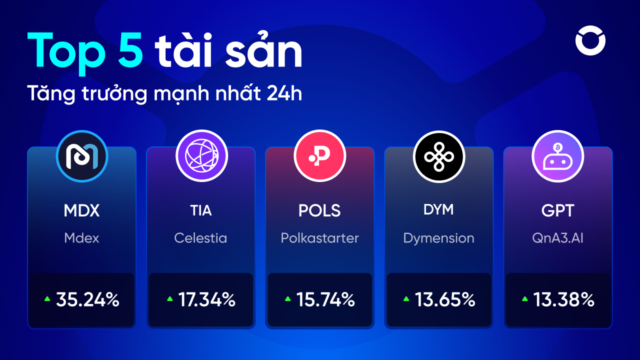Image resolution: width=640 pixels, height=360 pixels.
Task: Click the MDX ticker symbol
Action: (81, 210)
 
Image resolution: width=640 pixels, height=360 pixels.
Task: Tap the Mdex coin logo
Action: (82, 156)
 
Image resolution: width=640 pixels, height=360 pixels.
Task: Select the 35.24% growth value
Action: (87, 299)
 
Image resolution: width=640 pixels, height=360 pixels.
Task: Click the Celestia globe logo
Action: (201, 156)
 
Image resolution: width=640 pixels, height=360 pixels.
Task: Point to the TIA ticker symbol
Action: (201, 210)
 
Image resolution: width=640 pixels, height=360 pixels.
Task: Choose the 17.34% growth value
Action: (207, 299)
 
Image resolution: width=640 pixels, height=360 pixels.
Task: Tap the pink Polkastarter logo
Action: (320, 156)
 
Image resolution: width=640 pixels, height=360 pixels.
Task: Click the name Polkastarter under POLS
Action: (319, 238)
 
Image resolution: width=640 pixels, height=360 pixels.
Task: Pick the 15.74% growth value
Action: (325, 299)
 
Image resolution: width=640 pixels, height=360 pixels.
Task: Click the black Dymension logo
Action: (439, 156)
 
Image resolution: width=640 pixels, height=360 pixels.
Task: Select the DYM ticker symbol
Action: (438, 209)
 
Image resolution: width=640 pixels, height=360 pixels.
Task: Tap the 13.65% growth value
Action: (445, 299)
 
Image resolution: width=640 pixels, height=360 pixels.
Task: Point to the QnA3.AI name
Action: (557, 238)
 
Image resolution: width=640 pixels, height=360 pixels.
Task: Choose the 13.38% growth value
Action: (564, 299)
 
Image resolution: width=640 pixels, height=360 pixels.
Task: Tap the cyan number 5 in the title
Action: (130, 50)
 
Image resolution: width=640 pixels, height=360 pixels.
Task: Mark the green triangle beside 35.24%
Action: (47, 299)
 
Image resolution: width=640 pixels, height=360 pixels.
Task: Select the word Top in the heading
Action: (67, 53)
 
